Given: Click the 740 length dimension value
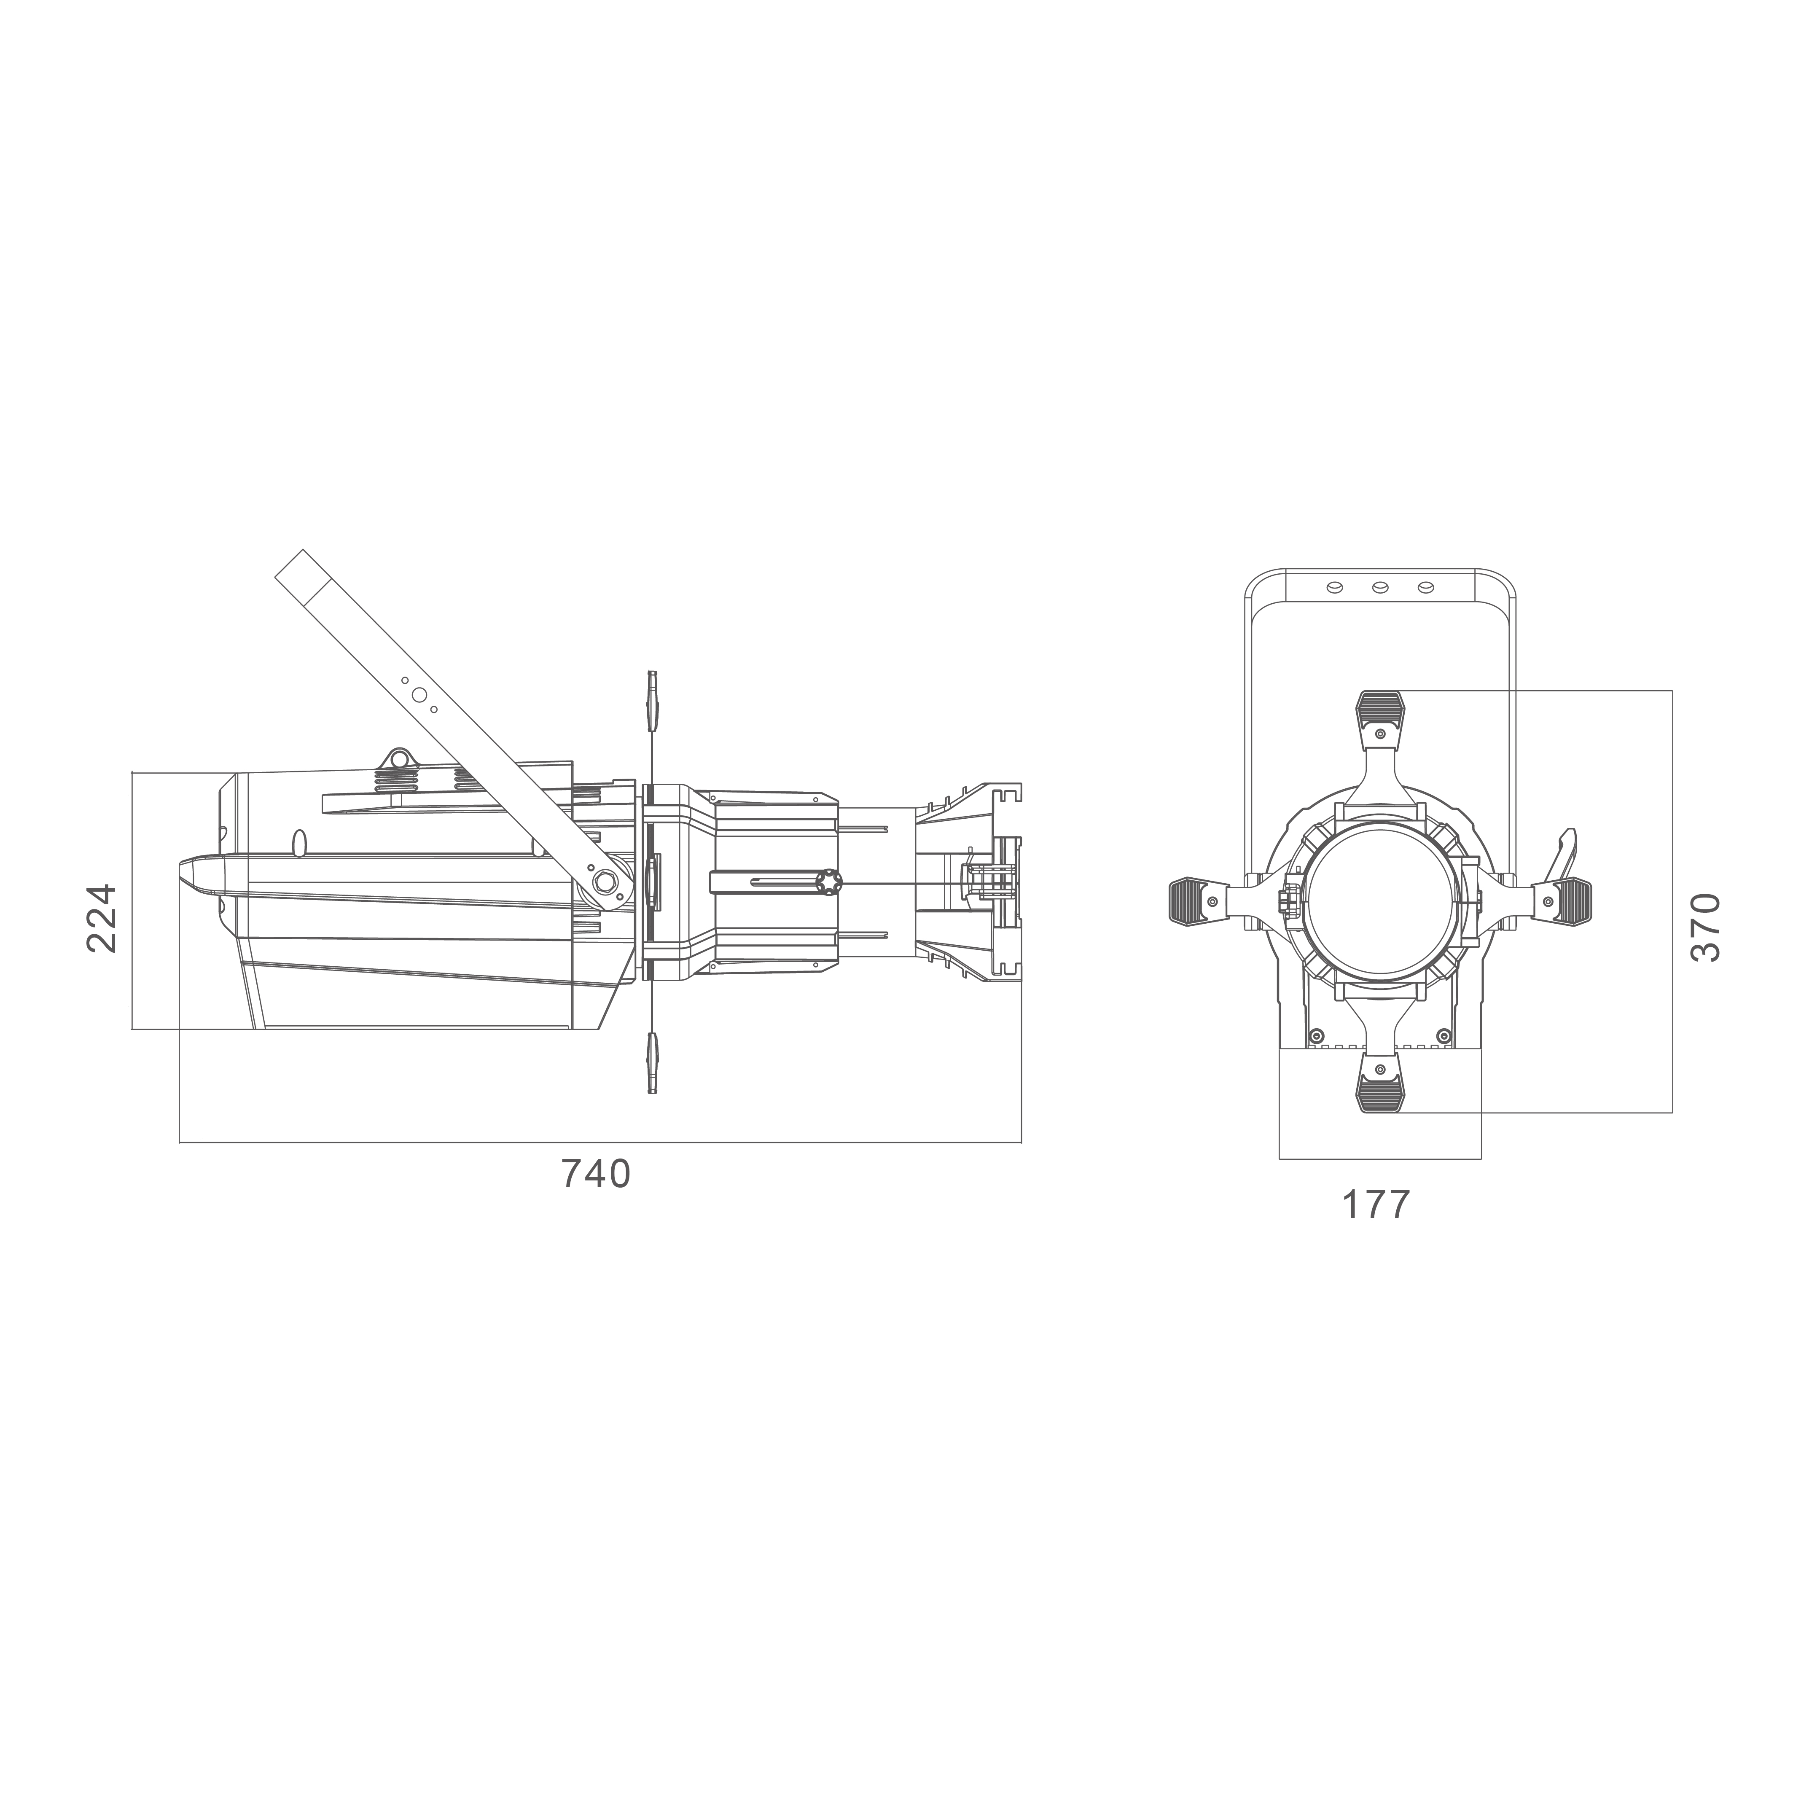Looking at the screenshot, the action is click(596, 1174).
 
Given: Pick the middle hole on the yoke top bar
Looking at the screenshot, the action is click(1380, 587).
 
